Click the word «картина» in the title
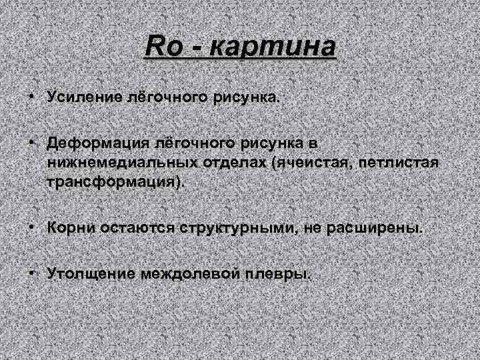tap(271, 49)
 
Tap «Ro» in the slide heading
tap(159, 48)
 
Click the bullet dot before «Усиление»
tap(31, 97)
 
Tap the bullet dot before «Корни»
tap(31, 227)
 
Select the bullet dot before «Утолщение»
tap(31, 273)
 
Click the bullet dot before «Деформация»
tap(31, 143)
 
